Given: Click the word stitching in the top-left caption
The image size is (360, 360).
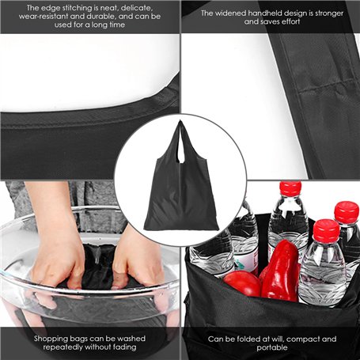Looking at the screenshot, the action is [x=76, y=8].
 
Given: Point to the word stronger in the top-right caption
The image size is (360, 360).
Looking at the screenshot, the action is [x=329, y=13].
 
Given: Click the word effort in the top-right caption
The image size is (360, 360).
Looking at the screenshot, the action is [x=290, y=21].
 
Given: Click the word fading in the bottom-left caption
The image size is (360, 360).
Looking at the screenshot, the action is [x=125, y=347].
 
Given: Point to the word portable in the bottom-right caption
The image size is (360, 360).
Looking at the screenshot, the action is [x=272, y=348].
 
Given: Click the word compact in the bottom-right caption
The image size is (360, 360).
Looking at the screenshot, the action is [x=303, y=339].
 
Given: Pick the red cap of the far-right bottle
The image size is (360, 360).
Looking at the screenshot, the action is [x=346, y=212].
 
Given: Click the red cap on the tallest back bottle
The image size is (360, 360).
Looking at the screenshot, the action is [x=290, y=188].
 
